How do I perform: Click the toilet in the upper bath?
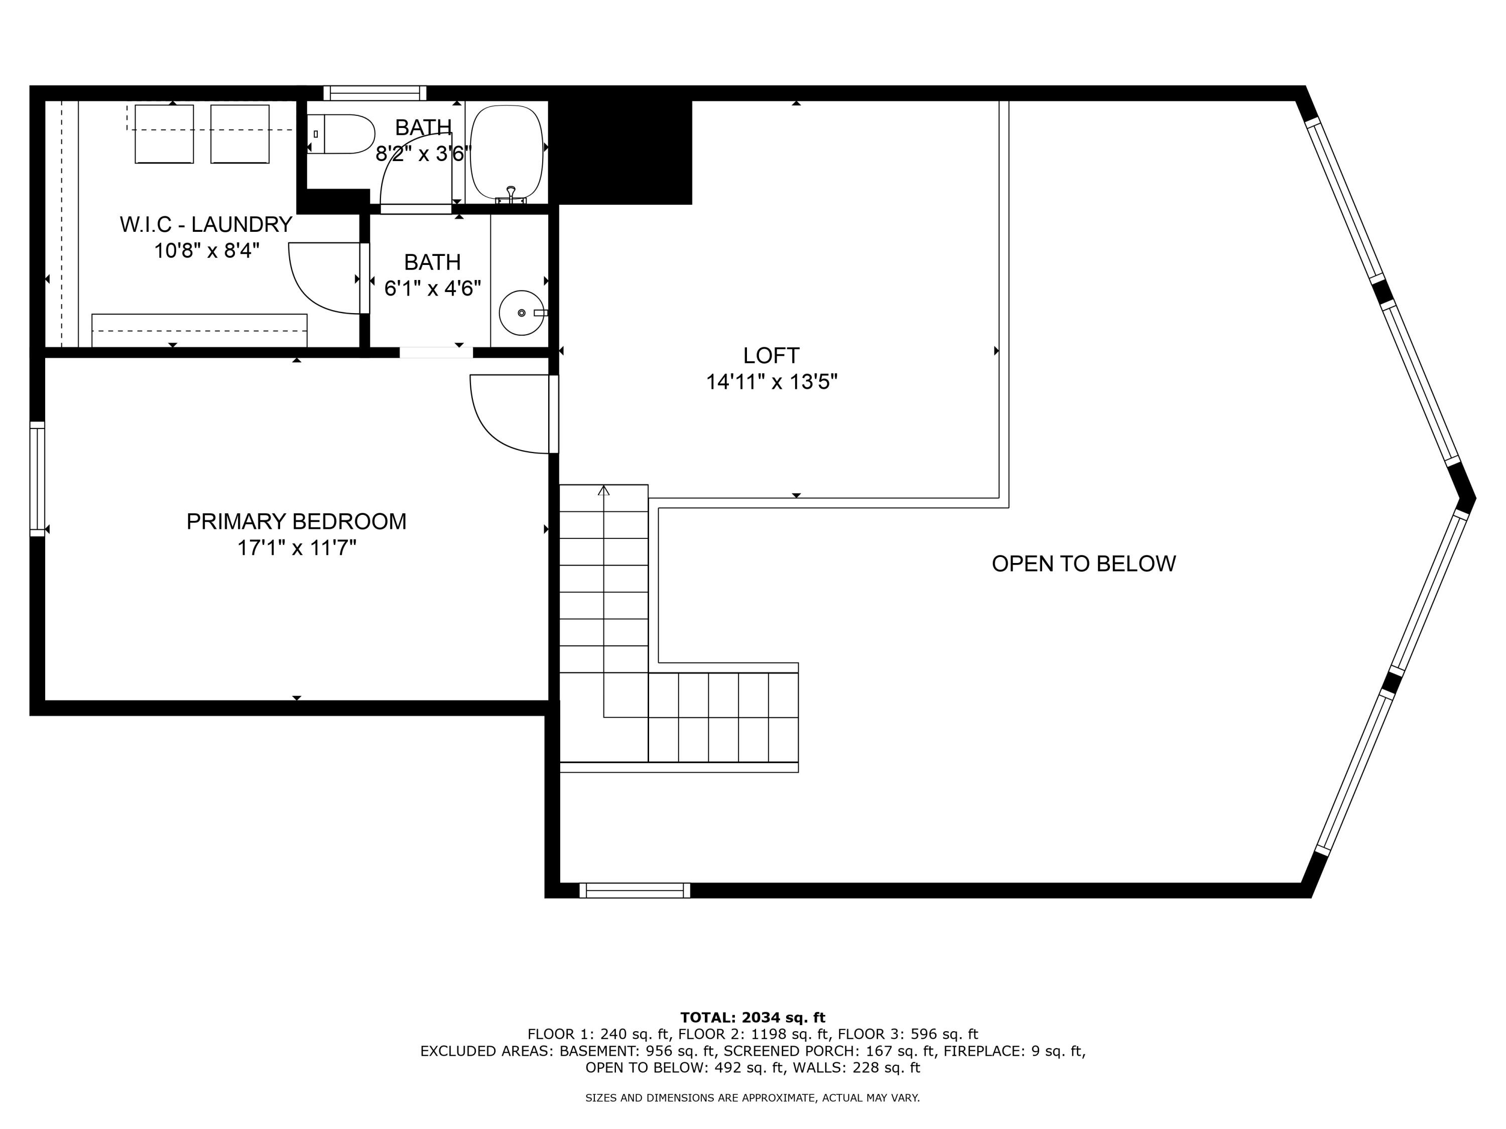344,134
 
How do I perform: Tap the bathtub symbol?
507,151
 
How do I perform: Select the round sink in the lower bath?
521,313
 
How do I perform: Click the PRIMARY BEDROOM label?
296,521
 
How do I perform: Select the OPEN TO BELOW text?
1083,563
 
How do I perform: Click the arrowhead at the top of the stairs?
603,490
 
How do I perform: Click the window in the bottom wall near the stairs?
635,890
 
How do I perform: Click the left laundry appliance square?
164,134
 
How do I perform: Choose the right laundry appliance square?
239,134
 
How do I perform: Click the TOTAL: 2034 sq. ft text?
752,1018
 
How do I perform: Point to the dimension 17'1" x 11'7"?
296,548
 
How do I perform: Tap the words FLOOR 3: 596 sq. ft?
908,1034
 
